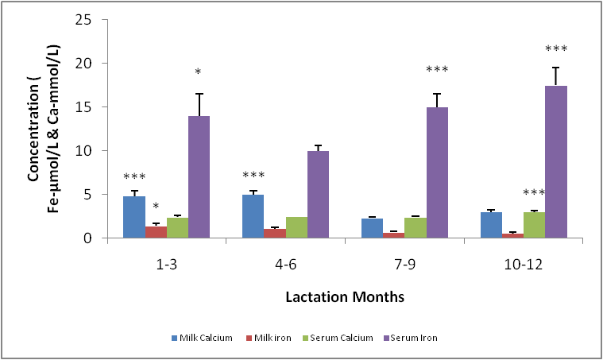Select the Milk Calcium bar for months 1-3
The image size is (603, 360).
point(133,217)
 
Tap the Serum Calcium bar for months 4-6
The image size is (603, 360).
point(296,227)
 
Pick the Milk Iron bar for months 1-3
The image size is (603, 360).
point(156,232)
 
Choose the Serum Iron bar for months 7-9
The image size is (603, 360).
point(437,172)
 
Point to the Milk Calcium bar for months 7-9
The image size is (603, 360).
point(372,228)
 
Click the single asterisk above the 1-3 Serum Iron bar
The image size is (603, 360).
point(199,73)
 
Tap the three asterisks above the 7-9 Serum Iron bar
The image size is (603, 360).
point(437,70)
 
